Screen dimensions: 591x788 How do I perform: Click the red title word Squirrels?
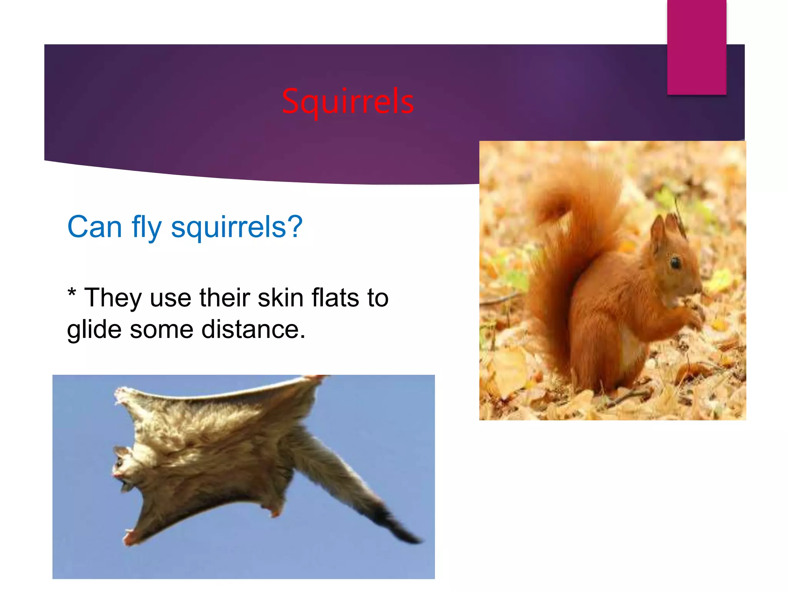click(348, 102)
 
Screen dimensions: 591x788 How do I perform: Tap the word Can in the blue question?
click(95, 227)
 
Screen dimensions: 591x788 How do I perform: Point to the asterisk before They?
click(72, 294)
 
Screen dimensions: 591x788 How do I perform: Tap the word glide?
click(94, 330)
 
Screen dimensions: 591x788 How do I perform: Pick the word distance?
click(253, 329)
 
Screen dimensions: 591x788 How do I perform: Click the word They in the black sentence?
click(113, 298)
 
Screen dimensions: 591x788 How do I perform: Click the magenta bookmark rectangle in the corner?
click(696, 47)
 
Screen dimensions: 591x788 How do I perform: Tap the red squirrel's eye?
click(676, 263)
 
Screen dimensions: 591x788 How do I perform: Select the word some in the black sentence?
click(161, 330)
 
